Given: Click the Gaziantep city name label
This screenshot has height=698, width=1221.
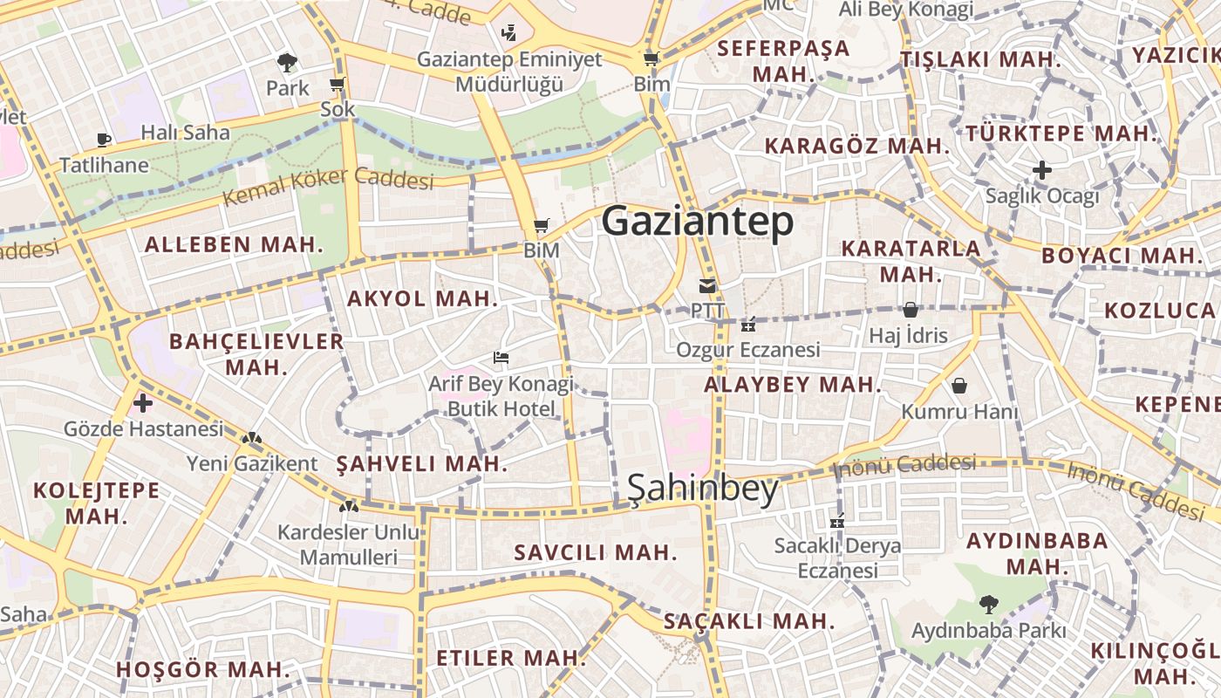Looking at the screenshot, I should [x=698, y=222].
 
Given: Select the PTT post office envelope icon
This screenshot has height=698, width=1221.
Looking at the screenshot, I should [x=706, y=285].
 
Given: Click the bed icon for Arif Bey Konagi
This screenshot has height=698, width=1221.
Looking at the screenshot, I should [x=501, y=357].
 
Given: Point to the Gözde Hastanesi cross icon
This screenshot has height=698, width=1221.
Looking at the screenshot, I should [x=143, y=403].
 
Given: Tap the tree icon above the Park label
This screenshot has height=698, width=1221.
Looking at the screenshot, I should [x=287, y=62].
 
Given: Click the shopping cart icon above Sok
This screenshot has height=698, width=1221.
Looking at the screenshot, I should [x=338, y=85].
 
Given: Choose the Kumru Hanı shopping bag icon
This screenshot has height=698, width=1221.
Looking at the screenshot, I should [x=959, y=385].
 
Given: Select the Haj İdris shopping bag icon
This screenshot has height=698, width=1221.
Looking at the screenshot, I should [x=910, y=310].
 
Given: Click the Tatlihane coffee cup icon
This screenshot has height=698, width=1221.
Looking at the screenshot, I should [x=104, y=140].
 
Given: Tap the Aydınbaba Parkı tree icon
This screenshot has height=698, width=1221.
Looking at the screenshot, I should [x=988, y=603].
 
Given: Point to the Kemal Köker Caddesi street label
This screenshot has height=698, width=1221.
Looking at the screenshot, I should [x=328, y=185].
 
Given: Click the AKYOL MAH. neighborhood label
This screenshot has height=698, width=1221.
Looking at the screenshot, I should [x=422, y=298].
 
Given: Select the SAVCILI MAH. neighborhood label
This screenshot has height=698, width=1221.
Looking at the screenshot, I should [x=595, y=552].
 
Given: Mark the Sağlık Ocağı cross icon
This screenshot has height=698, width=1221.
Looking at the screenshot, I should [x=1041, y=170].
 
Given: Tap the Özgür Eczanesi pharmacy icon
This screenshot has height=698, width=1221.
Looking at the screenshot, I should [x=747, y=325].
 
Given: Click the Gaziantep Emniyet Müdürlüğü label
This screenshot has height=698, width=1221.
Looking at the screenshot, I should [x=509, y=72].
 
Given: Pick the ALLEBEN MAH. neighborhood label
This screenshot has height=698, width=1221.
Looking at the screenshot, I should [x=234, y=244].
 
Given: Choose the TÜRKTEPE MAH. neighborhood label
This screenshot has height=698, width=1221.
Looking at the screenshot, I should [x=1061, y=134].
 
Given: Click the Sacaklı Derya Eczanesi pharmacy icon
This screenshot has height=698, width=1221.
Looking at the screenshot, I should [x=837, y=522].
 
